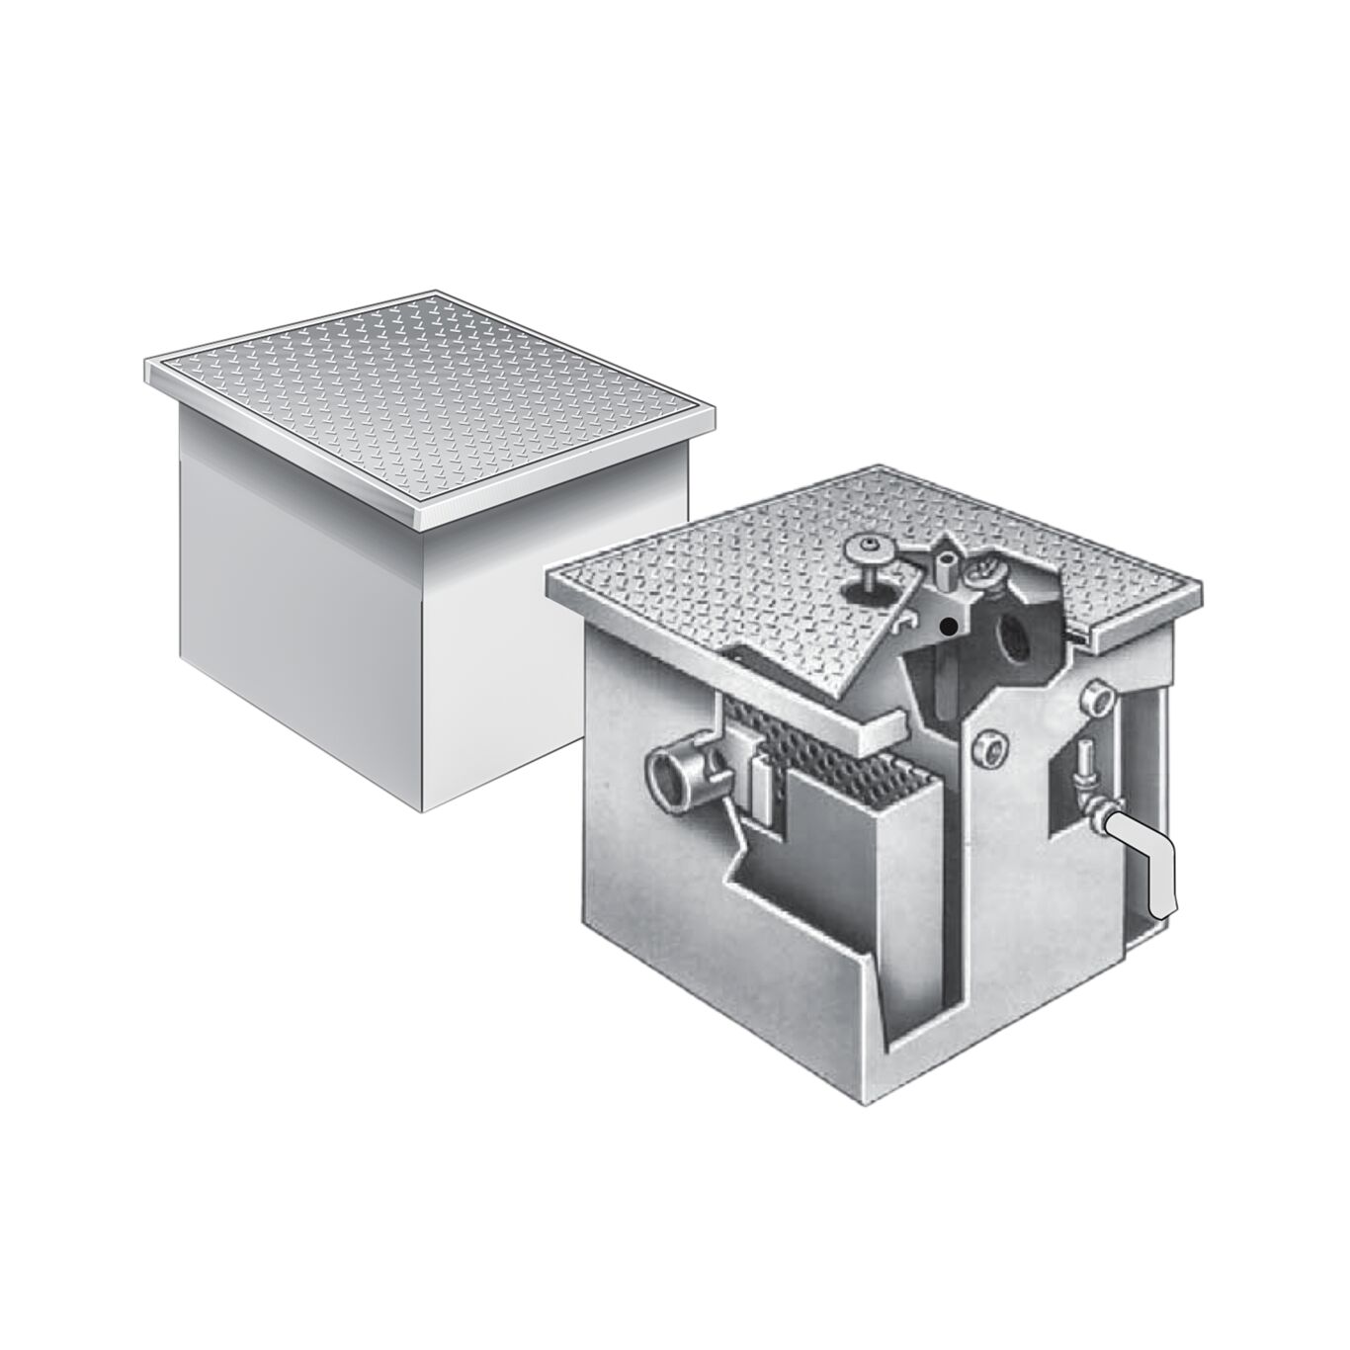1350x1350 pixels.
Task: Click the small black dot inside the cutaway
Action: click(x=948, y=626)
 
